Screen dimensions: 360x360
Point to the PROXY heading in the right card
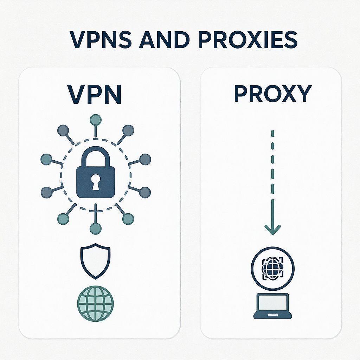273,94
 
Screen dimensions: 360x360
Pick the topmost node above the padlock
95,120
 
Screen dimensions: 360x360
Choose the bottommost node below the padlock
95,229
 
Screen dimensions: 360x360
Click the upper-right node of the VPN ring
129,130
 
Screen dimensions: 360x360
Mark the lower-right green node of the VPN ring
128,219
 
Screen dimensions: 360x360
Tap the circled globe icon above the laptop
272,269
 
